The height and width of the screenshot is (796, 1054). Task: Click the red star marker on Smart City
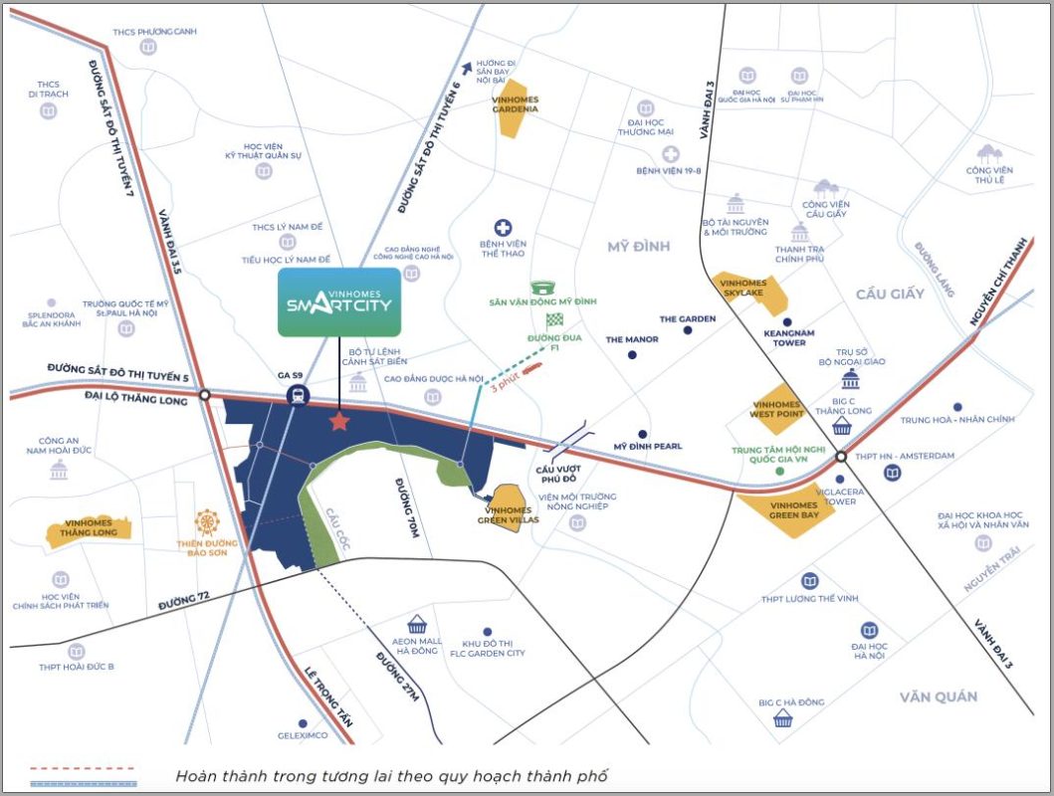click(x=340, y=422)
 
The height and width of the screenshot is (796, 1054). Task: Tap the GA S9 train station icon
click(x=297, y=396)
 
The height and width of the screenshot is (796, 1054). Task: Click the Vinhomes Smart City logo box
click(x=340, y=301)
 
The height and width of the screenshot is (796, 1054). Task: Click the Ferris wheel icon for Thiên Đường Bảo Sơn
click(x=206, y=521)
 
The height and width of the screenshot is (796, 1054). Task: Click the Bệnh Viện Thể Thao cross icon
click(x=504, y=229)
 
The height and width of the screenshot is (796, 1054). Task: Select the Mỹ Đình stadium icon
click(x=542, y=288)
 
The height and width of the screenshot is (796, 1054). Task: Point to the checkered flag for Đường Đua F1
click(x=554, y=319)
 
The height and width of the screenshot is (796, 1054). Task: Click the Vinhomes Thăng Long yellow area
click(x=90, y=532)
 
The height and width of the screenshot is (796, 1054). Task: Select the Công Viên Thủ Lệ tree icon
click(x=988, y=153)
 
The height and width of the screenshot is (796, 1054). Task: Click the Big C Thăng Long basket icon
click(x=842, y=428)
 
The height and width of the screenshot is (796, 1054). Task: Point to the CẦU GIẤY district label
click(x=890, y=294)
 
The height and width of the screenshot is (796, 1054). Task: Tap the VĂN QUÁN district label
click(x=938, y=696)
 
